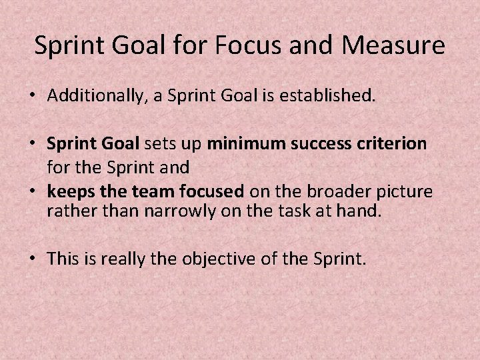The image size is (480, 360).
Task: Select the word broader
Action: (x=329, y=192)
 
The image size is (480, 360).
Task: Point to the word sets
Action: (x=157, y=143)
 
